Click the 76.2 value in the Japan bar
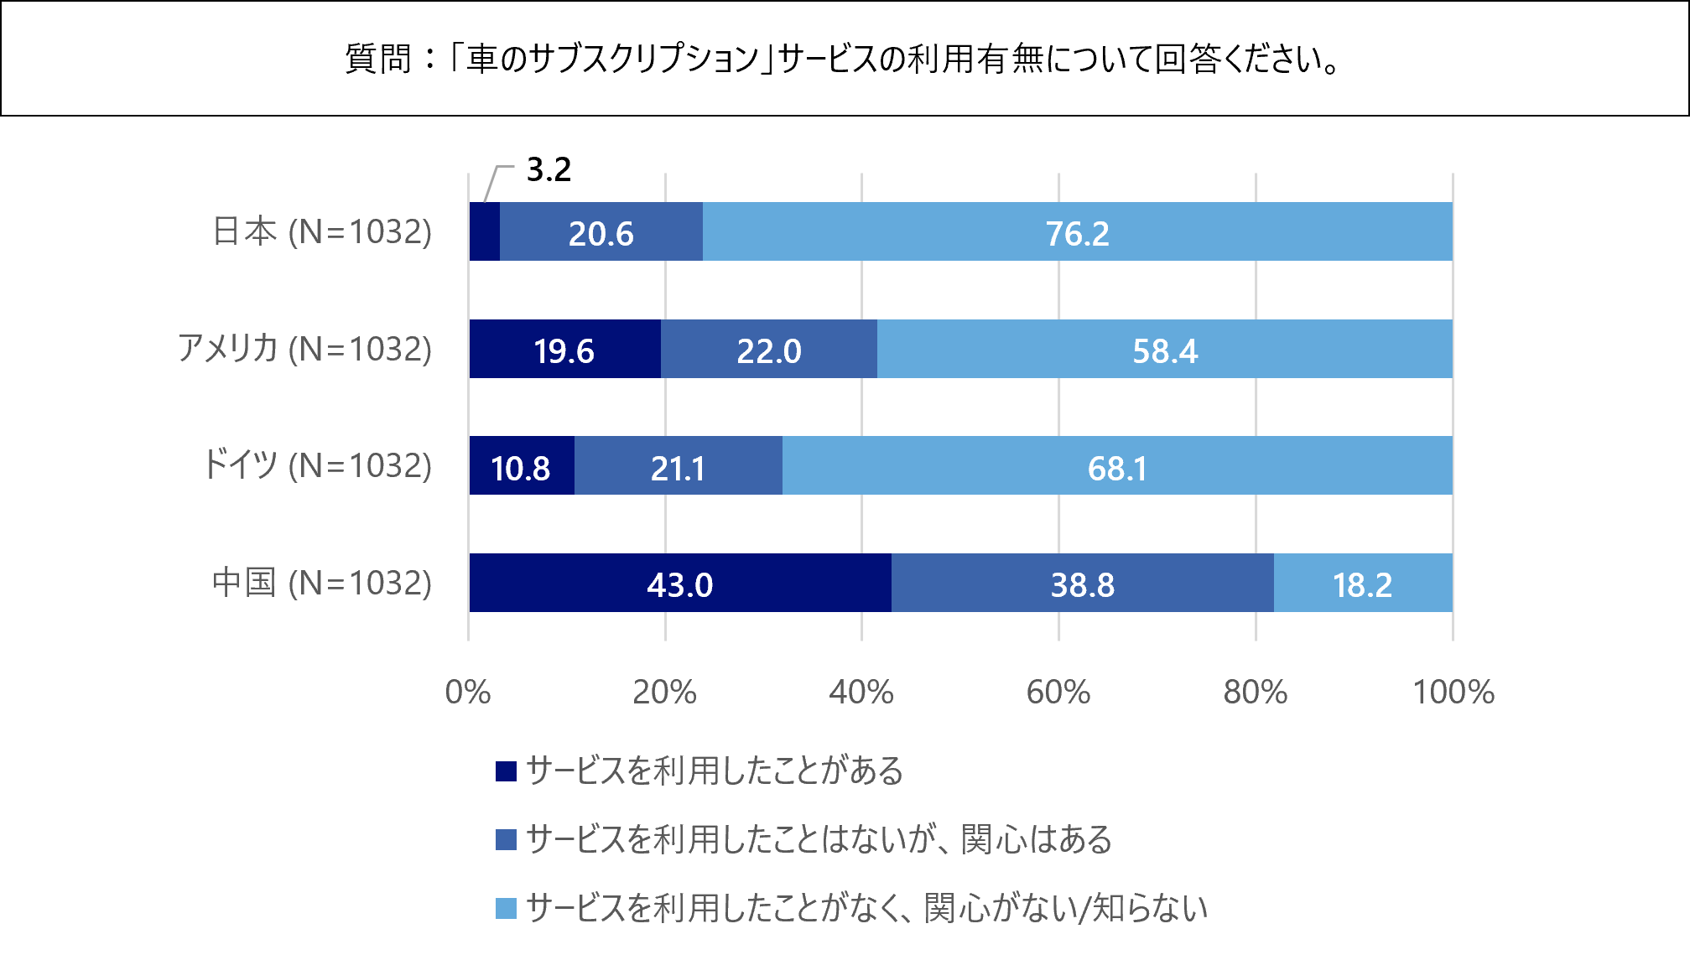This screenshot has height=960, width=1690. tap(1077, 232)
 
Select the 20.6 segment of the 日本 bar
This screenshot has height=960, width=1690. tap(601, 232)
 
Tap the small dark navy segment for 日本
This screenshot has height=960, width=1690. tap(484, 232)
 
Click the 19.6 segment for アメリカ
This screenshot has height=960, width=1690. tap(564, 350)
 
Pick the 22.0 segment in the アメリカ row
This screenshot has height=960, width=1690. tap(768, 350)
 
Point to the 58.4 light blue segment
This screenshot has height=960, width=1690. tap(1164, 350)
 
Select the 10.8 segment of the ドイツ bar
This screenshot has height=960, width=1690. tap(521, 466)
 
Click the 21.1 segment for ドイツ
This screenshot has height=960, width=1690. tap(678, 466)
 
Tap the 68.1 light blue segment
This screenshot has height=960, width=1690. tap(1116, 466)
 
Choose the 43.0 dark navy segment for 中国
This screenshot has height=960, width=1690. tap(679, 584)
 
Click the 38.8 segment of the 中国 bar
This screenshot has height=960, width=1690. tap(1082, 584)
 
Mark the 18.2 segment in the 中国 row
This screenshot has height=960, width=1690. tap(1362, 584)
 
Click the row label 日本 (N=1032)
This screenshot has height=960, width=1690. tap(322, 231)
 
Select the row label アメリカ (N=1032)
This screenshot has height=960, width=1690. tap(304, 349)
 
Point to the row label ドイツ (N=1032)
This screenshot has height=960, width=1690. tap(317, 465)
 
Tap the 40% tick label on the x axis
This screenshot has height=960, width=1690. tap(861, 693)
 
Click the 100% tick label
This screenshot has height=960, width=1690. tap(1453, 693)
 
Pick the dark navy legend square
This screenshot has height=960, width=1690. tap(506, 771)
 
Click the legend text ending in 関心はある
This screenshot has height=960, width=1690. tap(819, 839)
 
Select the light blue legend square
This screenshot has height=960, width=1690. tap(506, 908)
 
